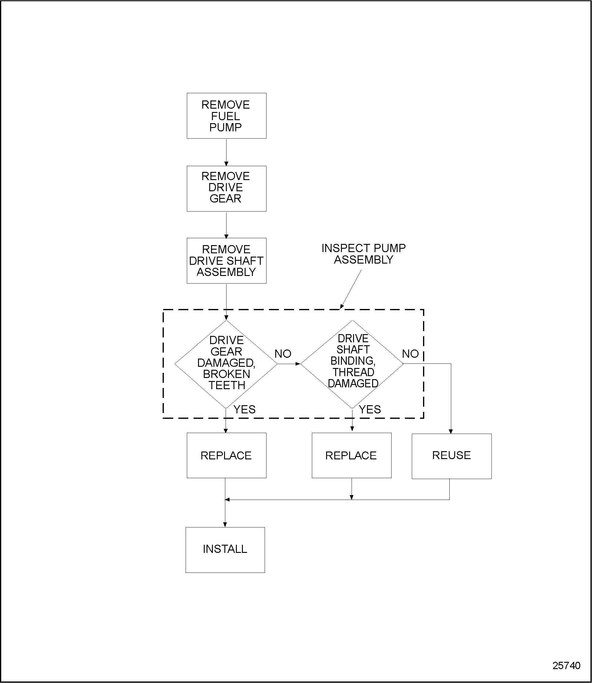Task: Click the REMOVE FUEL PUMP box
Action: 226,116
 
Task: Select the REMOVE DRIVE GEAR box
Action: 226,188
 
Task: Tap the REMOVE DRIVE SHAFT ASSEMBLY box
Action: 226,261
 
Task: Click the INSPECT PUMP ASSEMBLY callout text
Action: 363,254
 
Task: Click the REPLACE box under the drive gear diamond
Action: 226,455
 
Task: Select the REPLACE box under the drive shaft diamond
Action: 351,455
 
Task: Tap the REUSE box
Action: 451,455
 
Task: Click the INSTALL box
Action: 225,549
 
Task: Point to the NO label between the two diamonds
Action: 283,354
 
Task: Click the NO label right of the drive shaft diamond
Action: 410,354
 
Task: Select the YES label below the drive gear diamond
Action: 244,409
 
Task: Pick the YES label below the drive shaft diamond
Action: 370,409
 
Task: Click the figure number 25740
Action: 566,665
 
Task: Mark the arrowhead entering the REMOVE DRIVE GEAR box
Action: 226,163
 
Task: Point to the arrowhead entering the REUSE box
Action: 451,432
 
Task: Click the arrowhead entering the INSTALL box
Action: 225,524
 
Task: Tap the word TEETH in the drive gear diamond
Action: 227,385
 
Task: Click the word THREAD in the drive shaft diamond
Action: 353,372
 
